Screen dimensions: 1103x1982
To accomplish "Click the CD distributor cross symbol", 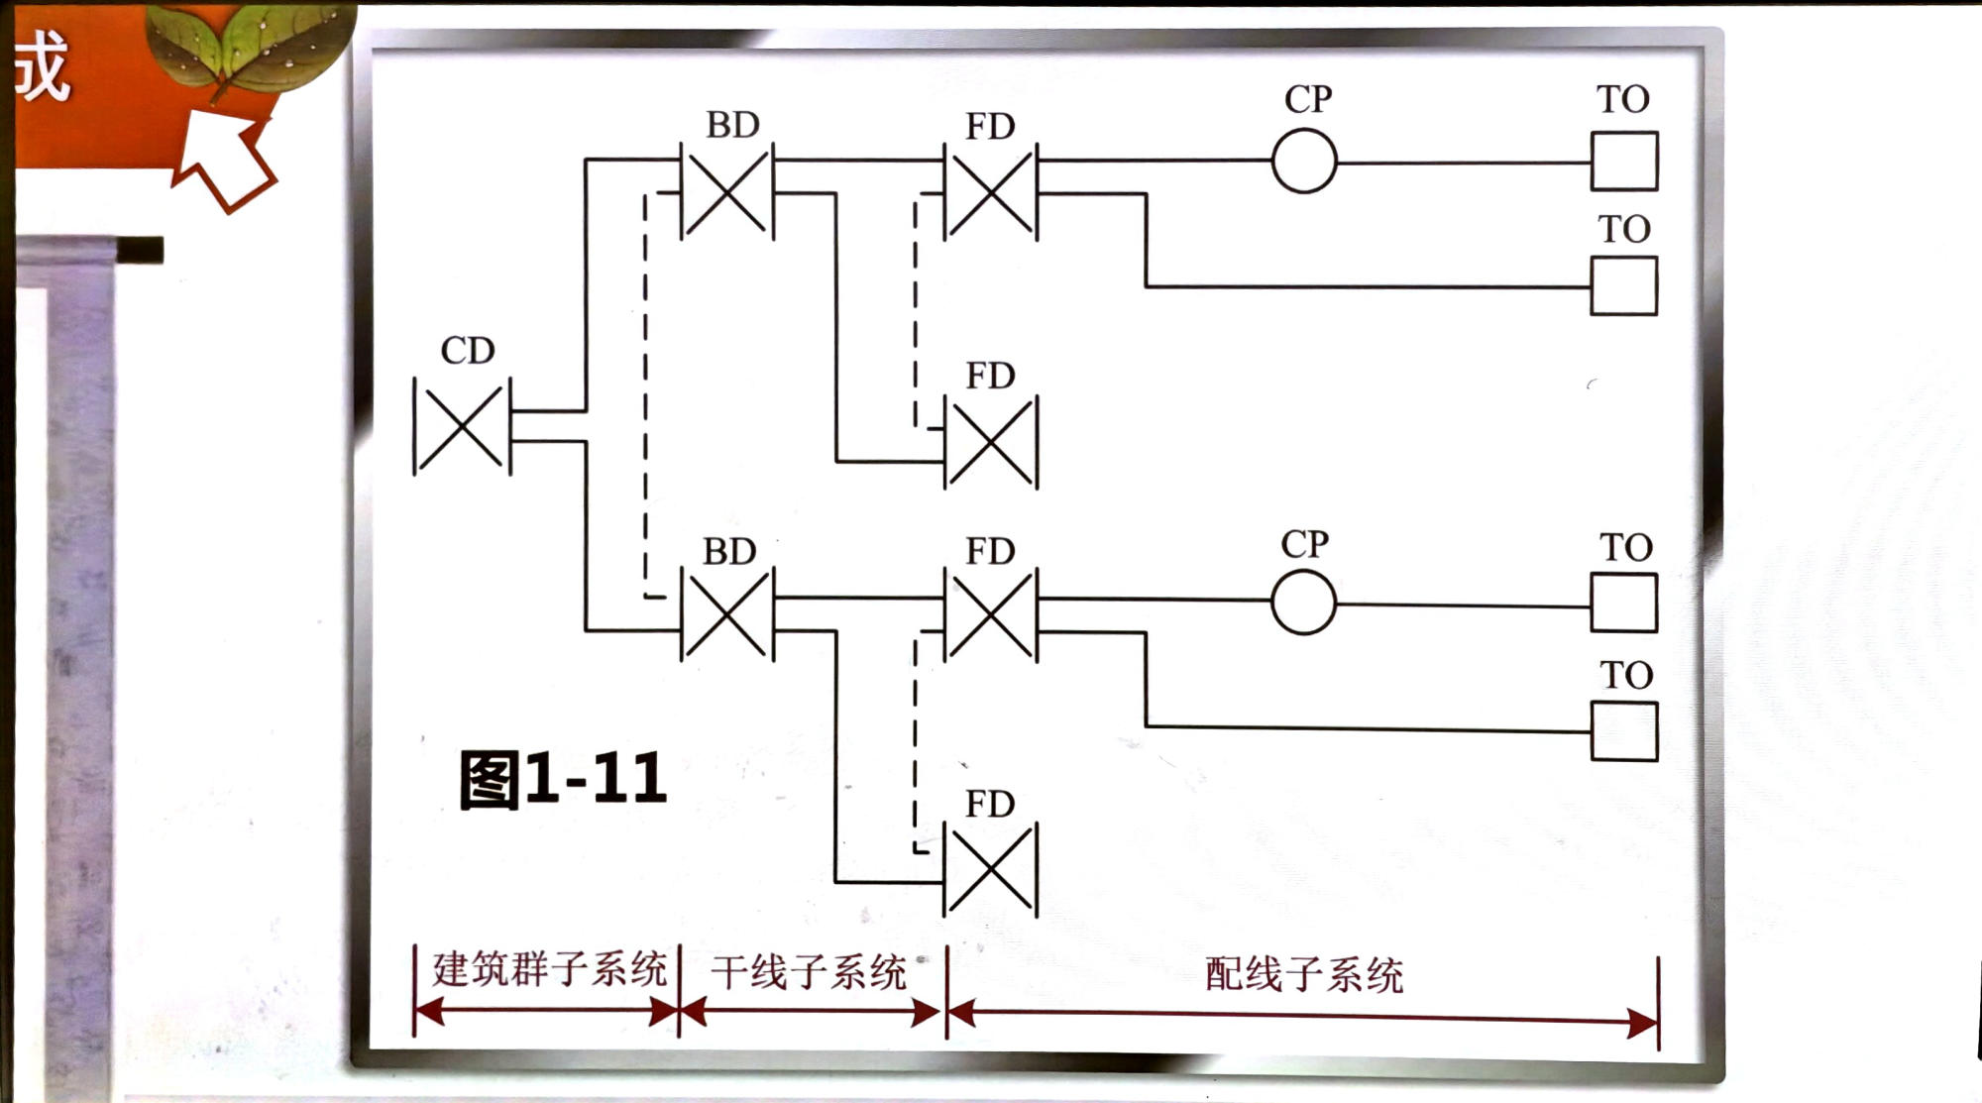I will click(x=462, y=426).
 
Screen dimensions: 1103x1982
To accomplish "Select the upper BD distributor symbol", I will click(x=727, y=191).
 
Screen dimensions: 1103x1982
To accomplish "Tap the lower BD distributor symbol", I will click(x=727, y=615).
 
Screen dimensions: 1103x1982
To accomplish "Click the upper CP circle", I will click(x=1304, y=162).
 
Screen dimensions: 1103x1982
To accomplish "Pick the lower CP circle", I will click(x=1303, y=603).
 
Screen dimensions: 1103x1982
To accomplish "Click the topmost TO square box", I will click(x=1624, y=162).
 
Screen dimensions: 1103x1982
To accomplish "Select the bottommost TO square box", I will click(x=1624, y=731).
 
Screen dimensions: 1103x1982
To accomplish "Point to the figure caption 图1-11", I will click(x=562, y=779).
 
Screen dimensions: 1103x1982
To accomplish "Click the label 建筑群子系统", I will click(x=549, y=968).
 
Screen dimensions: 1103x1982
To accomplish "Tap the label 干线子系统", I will click(x=809, y=972).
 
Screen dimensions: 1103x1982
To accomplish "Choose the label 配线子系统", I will click(x=1304, y=975).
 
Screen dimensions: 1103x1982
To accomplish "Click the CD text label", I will click(x=467, y=351).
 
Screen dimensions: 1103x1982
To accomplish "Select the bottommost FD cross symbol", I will click(x=991, y=870).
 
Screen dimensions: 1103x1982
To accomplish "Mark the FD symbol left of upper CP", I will click(x=991, y=191).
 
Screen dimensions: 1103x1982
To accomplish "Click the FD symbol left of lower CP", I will click(x=991, y=615).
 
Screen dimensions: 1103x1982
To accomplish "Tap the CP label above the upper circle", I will click(x=1308, y=99).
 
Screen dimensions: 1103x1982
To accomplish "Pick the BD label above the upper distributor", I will click(x=732, y=125).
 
